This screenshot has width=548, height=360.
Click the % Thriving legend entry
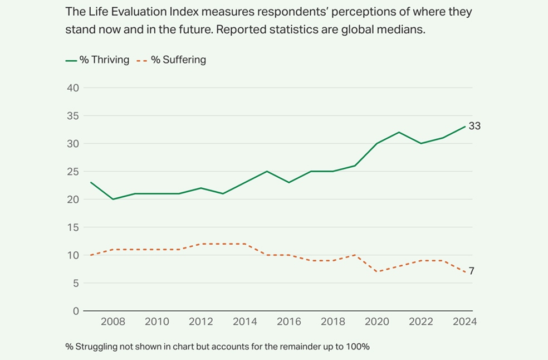tap(104, 60)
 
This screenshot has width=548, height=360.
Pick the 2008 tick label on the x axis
tap(113, 322)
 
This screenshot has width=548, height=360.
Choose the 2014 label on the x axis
tap(245, 322)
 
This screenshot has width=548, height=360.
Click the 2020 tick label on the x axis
tap(377, 322)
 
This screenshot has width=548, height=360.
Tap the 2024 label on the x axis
tap(465, 322)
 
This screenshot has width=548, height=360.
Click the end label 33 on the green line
tap(474, 126)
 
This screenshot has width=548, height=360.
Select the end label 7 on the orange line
tap(472, 271)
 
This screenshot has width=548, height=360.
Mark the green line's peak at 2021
tap(399, 132)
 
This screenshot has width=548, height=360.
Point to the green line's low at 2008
tap(113, 199)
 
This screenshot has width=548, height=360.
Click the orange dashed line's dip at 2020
tap(377, 271)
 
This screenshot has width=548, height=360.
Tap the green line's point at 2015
tap(267, 171)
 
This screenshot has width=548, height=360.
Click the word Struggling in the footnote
tap(98, 347)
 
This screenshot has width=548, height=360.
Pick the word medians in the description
tap(404, 30)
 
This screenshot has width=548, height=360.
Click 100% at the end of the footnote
tap(358, 347)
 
